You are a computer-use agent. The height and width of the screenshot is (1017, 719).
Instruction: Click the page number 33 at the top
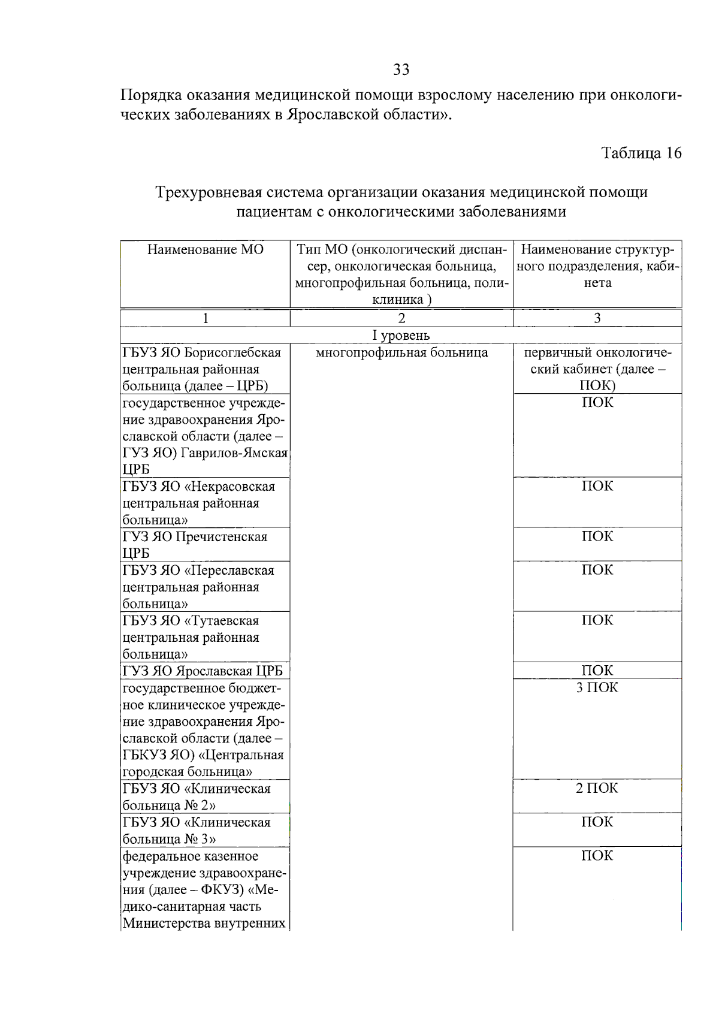(401, 70)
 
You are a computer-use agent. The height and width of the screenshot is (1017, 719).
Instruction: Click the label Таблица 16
(641, 153)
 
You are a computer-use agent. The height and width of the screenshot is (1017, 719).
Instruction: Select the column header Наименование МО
(206, 249)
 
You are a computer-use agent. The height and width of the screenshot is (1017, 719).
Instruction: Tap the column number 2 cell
(401, 318)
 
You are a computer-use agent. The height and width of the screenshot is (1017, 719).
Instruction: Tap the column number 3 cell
(597, 318)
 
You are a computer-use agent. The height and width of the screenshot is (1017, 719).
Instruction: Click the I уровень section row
(401, 335)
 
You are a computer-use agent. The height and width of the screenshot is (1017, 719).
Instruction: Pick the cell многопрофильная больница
(401, 352)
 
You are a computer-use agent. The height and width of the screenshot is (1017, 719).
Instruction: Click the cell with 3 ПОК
(597, 687)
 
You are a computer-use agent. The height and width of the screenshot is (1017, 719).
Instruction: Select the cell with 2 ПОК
(597, 788)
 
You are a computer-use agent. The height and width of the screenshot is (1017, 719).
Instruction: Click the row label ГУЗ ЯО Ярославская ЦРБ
(203, 671)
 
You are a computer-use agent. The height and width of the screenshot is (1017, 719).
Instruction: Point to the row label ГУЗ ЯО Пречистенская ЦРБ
(195, 544)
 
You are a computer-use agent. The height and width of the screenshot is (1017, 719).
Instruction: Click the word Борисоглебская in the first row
(232, 352)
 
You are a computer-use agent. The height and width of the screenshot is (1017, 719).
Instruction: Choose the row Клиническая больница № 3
(197, 830)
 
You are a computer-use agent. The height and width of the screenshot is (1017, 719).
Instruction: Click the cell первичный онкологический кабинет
(597, 369)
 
